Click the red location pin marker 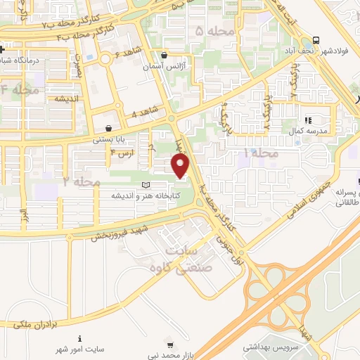pyautogui.click(x=181, y=166)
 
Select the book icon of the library pyautogui.click(x=146, y=185)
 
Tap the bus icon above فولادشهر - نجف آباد pyautogui.click(x=316, y=40)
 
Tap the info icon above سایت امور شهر pyautogui.click(x=79, y=338)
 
